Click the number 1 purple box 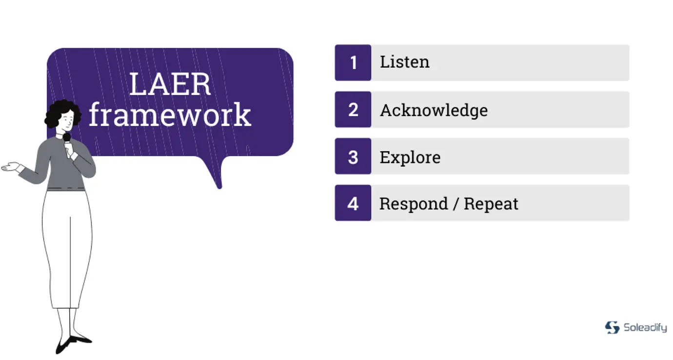353,63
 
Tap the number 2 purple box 353,110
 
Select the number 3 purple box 353,156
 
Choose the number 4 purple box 353,203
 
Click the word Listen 405,62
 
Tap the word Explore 410,158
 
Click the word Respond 414,204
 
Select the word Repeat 491,204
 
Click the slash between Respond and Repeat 456,204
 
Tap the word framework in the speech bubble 170,114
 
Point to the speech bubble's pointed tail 219,187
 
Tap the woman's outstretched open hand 11,167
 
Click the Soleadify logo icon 612,327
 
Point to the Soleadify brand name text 645,327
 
